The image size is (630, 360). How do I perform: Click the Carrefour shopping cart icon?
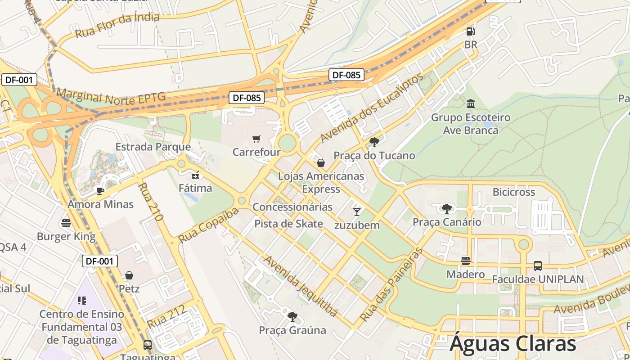[256, 139]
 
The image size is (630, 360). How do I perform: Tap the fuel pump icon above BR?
[470, 31]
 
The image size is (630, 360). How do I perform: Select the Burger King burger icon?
[66, 223]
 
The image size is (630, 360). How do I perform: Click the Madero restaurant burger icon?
[465, 261]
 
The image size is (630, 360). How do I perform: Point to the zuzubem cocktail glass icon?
[357, 211]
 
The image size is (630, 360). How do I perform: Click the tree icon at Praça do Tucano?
[374, 142]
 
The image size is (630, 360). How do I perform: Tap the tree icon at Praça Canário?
[446, 208]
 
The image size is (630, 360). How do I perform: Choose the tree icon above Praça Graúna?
[292, 316]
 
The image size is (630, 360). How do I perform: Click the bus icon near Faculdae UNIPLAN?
[538, 265]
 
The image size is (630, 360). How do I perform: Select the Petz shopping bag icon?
[129, 275]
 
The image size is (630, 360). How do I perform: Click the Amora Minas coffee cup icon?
[100, 191]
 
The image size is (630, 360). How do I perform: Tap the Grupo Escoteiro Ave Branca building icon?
[471, 104]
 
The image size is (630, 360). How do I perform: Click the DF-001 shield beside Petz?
[100, 261]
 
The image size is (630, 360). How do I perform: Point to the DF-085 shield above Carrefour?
[247, 98]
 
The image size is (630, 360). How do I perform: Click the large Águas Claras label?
[513, 343]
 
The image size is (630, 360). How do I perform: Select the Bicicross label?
[514, 192]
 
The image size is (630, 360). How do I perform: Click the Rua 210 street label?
[150, 201]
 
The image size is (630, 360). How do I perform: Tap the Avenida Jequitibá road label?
[300, 286]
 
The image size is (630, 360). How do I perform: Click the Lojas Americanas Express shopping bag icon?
[321, 162]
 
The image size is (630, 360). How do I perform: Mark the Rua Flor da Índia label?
[117, 25]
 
